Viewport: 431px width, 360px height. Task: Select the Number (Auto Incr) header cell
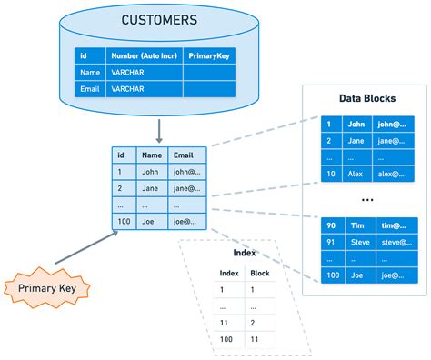pos(145,55)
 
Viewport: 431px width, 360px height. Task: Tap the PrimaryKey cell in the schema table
pos(209,55)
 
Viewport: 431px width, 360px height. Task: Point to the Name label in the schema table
pos(89,72)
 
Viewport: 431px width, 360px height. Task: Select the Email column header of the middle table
pos(183,155)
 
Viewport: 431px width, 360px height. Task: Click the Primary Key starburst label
pos(46,289)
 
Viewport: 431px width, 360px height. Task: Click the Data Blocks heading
pos(366,97)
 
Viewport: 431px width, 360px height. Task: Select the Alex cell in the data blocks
pos(356,174)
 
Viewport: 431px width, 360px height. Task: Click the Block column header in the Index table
pos(261,272)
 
